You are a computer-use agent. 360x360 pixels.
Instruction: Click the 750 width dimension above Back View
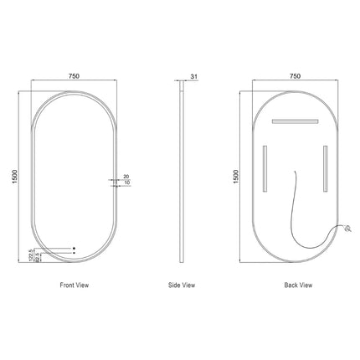pos(295,76)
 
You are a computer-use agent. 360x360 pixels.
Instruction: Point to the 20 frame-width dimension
pos(126,176)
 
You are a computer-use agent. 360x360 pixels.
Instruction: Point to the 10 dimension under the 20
pos(126,184)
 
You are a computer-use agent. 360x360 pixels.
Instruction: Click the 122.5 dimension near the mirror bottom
pos(31,253)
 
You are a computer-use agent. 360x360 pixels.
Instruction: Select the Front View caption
pos(74,285)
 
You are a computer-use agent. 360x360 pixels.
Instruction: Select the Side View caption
pos(183,285)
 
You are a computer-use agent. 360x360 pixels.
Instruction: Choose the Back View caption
pos(298,285)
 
